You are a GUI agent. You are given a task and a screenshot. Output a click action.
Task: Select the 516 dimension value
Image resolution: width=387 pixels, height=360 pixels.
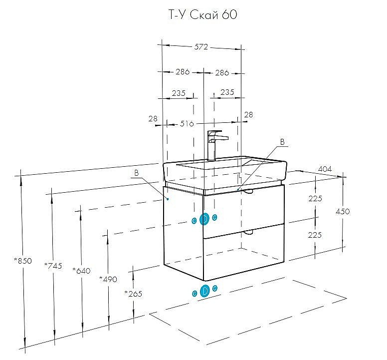coord(187,123)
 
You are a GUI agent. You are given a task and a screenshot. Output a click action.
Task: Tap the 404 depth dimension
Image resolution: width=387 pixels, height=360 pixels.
coord(325,169)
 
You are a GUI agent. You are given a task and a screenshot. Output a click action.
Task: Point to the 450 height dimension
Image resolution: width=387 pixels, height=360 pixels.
coord(343,211)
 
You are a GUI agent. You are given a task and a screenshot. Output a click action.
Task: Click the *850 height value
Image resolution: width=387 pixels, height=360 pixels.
coord(23,261)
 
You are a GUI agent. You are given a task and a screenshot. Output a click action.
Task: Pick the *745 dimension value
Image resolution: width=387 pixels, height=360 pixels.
coord(53,266)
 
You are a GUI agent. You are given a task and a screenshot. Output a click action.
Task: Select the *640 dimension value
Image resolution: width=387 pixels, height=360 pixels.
coord(81,271)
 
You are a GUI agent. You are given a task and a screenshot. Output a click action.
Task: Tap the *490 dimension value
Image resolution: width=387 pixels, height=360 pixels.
coord(108,279)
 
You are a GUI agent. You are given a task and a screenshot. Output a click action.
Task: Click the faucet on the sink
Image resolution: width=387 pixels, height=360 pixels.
coord(215,143)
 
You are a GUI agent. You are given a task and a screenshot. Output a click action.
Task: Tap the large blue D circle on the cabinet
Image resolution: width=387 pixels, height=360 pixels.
coord(204,219)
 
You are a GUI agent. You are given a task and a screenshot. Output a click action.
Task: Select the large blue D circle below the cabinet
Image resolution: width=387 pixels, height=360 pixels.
coord(204,291)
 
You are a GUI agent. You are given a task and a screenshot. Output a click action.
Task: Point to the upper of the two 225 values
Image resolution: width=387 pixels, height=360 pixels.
coord(315,198)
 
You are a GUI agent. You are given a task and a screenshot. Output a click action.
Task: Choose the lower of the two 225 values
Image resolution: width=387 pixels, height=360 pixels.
coord(315,235)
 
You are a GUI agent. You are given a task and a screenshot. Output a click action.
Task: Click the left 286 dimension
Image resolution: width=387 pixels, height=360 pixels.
coord(183,72)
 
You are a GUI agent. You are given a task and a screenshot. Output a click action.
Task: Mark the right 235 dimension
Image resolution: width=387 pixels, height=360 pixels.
coord(227,92)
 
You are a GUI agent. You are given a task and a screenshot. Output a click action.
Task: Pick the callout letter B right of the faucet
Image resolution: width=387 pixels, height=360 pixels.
coord(282,142)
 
